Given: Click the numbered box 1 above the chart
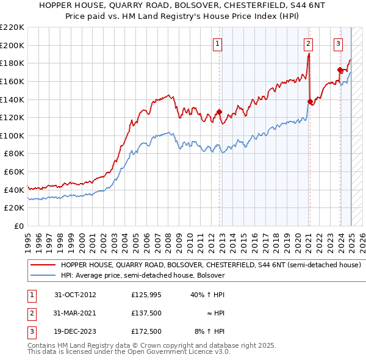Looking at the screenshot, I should tap(218, 43).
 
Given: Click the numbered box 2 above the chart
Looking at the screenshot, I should tap(309, 43).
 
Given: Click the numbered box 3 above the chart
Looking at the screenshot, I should tap(338, 43).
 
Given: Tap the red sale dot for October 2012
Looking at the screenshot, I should tap(220, 112).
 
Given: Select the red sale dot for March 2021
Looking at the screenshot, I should tap(310, 101).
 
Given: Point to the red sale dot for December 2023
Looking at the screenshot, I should tap(340, 70).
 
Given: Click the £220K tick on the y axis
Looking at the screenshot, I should tap(12, 27).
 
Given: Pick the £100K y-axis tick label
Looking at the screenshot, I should tap(12, 135).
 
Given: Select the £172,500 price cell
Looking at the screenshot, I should tap(146, 331).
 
